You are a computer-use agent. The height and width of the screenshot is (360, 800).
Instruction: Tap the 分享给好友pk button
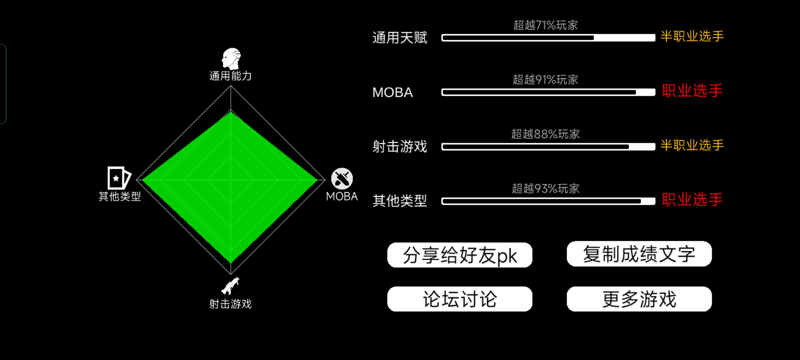460,255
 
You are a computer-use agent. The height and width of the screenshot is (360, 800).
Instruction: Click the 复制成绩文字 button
639,254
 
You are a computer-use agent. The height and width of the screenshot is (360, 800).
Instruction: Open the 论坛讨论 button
460,299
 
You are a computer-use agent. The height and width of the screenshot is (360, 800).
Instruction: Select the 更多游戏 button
639,299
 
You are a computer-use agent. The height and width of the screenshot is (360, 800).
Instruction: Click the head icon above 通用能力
231,59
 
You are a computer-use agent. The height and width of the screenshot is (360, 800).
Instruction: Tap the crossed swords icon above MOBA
342,179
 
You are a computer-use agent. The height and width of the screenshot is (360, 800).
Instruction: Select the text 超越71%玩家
545,25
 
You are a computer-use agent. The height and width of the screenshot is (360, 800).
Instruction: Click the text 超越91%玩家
545,80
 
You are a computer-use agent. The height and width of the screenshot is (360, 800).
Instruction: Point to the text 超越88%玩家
545,134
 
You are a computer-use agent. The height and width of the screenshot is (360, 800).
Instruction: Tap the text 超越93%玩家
545,189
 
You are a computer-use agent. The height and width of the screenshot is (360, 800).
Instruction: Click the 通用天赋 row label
400,38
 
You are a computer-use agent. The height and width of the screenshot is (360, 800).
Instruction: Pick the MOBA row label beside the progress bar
393,92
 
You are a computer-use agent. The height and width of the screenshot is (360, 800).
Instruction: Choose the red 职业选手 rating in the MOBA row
692,91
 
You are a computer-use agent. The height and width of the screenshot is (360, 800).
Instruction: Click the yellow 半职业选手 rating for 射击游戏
692,145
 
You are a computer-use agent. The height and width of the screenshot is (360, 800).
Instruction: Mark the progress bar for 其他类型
548,201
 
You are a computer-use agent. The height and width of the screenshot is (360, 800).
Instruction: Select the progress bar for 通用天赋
548,38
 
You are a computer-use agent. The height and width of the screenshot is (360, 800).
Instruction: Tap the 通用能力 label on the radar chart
230,76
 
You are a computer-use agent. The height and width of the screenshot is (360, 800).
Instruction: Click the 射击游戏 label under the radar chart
230,304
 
